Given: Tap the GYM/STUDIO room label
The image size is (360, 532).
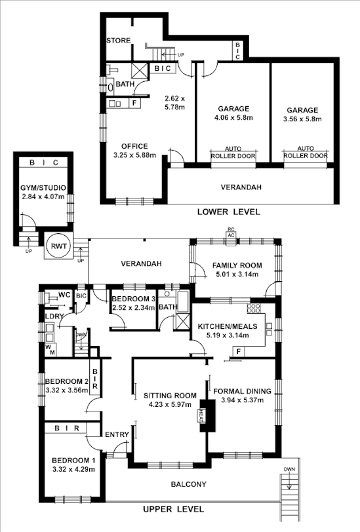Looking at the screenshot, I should click(44, 188).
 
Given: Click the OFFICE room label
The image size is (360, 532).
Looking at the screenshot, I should click(134, 146).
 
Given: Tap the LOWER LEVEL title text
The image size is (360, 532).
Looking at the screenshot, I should click(228, 212).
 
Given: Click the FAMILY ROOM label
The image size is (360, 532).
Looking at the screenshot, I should click(237, 265).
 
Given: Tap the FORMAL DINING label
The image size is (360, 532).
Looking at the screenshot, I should click(242, 392).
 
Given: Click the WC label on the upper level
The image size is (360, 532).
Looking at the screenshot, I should click(64, 295).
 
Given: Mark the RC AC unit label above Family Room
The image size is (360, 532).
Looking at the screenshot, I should click(230, 232).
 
